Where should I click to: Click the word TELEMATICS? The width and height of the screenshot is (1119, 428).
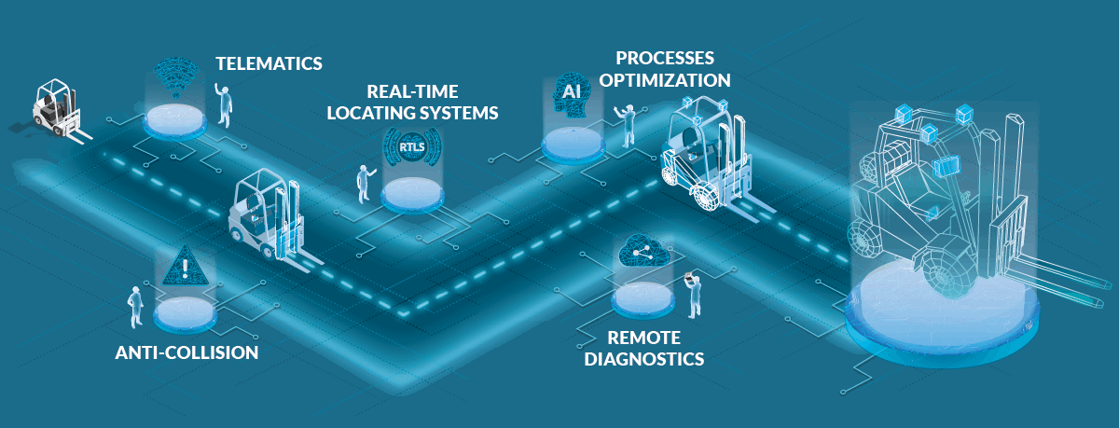pyautogui.click(x=269, y=64)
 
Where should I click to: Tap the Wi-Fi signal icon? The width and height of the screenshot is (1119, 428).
pyautogui.click(x=176, y=76)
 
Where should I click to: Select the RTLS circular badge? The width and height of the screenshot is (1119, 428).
pyautogui.click(x=412, y=146)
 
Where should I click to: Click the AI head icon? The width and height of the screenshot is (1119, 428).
pyautogui.click(x=572, y=94)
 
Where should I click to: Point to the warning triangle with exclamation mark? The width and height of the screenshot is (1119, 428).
pyautogui.click(x=186, y=267)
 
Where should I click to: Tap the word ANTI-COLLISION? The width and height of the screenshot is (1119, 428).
pyautogui.click(x=186, y=353)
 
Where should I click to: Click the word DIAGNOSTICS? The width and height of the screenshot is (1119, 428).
pyautogui.click(x=644, y=359)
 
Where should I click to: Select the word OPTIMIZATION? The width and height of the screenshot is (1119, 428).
pyautogui.click(x=665, y=80)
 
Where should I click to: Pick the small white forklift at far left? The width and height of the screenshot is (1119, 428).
pyautogui.click(x=59, y=110)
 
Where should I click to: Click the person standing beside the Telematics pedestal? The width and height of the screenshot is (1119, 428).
pyautogui.click(x=224, y=104)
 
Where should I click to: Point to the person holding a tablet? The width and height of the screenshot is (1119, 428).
pyautogui.click(x=693, y=296)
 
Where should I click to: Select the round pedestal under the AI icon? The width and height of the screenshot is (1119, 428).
pyautogui.click(x=573, y=145)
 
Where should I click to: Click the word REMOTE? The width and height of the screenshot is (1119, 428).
pyautogui.click(x=644, y=338)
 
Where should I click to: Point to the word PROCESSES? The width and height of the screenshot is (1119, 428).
pyautogui.click(x=665, y=59)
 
